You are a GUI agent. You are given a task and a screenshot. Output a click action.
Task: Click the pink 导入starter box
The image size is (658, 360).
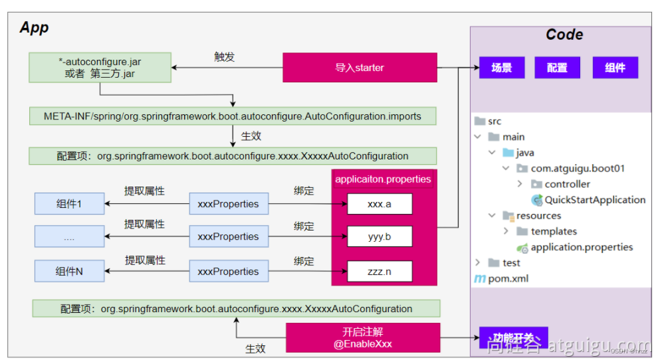[x=360, y=68]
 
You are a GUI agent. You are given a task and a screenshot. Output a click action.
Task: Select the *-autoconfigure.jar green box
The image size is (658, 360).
[x=100, y=68]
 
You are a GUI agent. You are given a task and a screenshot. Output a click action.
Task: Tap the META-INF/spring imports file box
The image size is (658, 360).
[x=233, y=116]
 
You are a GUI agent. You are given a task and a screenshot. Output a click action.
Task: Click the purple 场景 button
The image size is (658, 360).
[x=502, y=68]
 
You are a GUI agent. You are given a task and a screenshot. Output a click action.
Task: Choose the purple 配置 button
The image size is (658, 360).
[x=557, y=68]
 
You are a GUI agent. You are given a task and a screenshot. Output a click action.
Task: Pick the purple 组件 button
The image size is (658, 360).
[x=615, y=68]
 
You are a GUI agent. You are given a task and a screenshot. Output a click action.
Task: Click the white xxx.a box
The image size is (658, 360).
[x=380, y=204]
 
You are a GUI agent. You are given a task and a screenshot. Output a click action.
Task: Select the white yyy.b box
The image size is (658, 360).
[x=380, y=236]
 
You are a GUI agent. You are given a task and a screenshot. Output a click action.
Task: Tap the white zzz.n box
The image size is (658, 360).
[x=380, y=271]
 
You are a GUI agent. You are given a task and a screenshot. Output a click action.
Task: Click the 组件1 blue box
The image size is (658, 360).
[x=69, y=204]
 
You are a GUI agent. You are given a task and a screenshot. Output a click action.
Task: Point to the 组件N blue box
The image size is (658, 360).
[x=69, y=271]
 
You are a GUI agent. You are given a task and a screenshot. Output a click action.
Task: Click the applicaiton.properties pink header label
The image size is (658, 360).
[x=383, y=179]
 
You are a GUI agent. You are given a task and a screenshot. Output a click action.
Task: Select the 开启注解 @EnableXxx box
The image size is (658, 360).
[x=362, y=337]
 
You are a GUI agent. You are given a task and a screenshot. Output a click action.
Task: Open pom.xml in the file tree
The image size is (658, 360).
[x=508, y=278]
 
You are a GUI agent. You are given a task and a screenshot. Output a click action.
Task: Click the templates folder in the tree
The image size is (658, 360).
[x=553, y=231]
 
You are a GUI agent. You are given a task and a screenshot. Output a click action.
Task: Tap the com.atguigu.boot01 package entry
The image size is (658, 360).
[x=577, y=169]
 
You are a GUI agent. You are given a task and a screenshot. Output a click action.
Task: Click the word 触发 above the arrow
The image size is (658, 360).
[x=224, y=57]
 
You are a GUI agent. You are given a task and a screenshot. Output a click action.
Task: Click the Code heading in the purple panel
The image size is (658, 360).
[x=564, y=35]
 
